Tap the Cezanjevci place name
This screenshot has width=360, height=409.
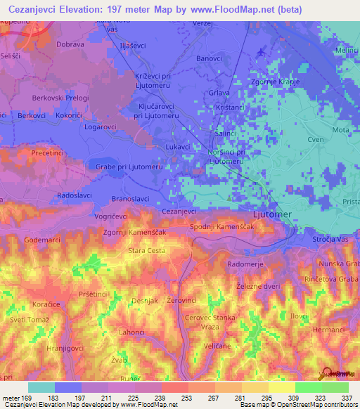179,211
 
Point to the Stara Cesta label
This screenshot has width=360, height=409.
146,250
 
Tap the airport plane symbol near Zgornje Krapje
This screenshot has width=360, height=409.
262,51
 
